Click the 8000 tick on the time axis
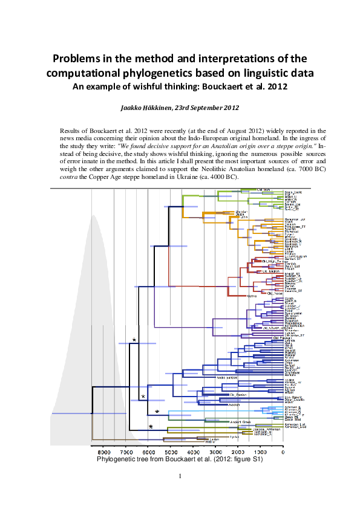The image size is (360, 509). click(103, 452)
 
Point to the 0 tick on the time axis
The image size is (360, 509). click(283, 452)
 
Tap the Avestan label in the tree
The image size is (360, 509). click(219, 404)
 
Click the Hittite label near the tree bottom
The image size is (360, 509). click(211, 443)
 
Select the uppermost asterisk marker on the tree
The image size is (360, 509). click(134, 340)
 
